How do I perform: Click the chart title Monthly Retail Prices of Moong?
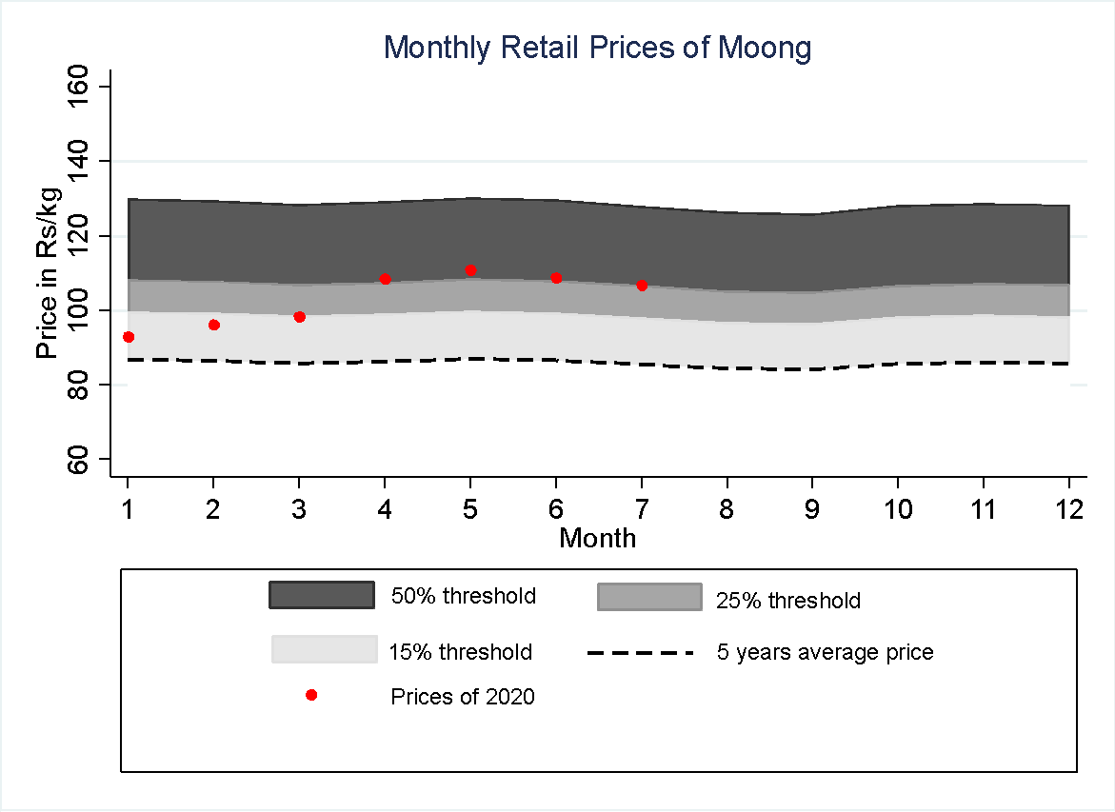click(x=597, y=48)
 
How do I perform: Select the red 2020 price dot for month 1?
click(x=129, y=337)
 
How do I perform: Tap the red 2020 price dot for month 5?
click(x=470, y=270)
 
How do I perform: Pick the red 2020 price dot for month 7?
click(x=642, y=285)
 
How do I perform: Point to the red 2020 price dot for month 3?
click(x=299, y=317)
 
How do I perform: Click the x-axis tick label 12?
click(x=1069, y=510)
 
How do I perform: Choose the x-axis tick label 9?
click(x=812, y=510)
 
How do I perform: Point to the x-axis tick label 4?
click(x=385, y=510)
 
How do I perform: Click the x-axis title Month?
click(x=597, y=539)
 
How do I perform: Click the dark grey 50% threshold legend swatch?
click(x=322, y=595)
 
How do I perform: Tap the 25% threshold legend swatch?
click(x=649, y=597)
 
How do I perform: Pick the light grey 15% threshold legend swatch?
click(x=325, y=649)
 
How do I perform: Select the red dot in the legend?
click(x=310, y=696)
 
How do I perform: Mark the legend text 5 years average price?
click(x=825, y=653)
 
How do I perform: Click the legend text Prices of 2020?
click(x=463, y=697)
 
